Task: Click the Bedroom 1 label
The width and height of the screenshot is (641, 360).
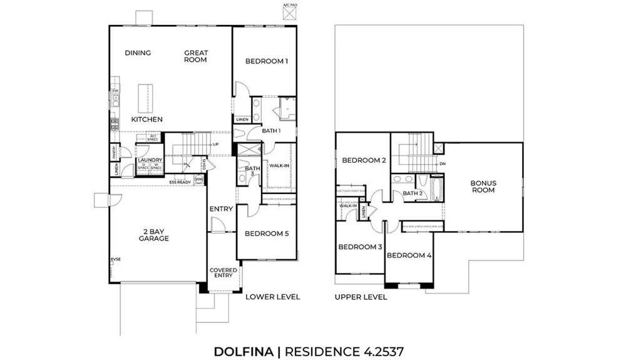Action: coord(266,61)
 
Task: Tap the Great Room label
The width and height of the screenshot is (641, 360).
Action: coord(195,56)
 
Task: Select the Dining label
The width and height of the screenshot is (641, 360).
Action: coord(138,53)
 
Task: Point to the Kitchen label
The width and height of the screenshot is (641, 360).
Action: coord(147,120)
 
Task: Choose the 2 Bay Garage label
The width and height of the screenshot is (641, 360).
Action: coord(154,235)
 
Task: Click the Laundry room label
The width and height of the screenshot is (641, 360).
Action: coord(150,160)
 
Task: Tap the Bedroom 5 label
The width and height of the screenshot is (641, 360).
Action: coord(266,234)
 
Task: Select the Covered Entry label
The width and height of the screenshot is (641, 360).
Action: coord(223,273)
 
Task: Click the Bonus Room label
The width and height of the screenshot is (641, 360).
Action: coord(483,187)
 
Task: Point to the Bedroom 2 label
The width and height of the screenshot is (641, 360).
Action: coord(363,160)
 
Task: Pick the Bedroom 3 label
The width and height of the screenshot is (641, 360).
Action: coord(360,247)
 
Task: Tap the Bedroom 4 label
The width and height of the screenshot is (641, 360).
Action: coord(409,255)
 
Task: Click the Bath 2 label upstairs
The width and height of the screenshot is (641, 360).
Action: coord(412,193)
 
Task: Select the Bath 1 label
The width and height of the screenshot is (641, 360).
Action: coord(270,131)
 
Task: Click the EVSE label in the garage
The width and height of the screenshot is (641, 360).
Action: coord(115,259)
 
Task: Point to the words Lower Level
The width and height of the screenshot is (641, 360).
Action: coord(273,297)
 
